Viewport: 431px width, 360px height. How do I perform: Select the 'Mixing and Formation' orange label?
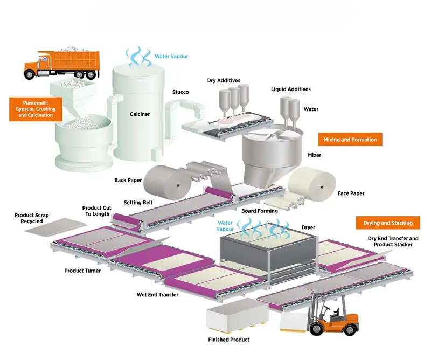point(350,140)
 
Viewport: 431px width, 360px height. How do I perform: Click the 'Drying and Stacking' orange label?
point(388,223)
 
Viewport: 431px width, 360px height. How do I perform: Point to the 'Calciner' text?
point(140,114)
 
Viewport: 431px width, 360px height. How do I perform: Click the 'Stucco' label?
point(180,92)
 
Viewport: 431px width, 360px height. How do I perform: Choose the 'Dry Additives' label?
point(224,81)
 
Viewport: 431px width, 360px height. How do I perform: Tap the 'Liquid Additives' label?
point(290,89)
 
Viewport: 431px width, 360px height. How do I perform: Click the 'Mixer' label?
point(314,155)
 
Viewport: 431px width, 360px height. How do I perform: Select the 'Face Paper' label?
point(351,193)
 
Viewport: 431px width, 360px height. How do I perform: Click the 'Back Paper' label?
point(128,180)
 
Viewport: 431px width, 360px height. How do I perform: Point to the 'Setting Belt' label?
point(139,203)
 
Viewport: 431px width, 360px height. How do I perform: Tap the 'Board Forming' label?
point(260,211)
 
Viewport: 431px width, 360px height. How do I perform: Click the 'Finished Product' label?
point(228,340)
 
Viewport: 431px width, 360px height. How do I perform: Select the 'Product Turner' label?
point(82,271)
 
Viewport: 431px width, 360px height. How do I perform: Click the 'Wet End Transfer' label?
point(157,295)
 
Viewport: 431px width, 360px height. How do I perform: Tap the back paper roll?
point(164,180)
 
